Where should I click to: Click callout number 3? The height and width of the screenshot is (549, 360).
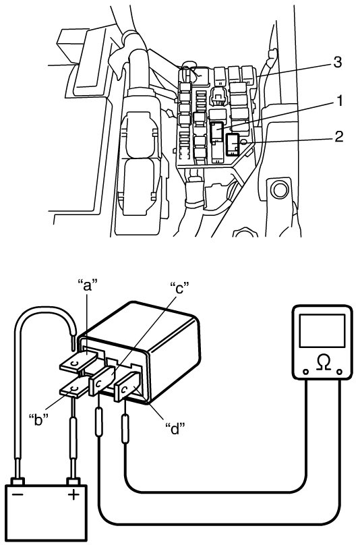pos(337,62)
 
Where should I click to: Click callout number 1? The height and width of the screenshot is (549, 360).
pos(338,101)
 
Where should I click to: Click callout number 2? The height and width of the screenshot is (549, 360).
pos(338,136)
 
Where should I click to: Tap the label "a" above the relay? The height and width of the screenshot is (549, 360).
pos(87,285)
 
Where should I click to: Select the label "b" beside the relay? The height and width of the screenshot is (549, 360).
pos(38,419)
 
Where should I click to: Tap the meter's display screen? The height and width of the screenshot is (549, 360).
pos(322,331)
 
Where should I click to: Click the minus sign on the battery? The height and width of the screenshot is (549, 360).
pos(18,494)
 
